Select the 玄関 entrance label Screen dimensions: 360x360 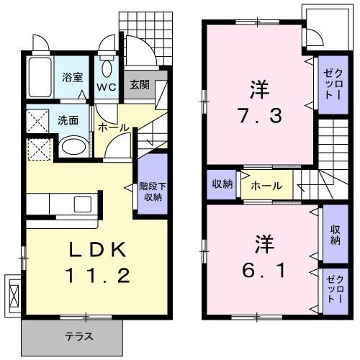coord(139,84)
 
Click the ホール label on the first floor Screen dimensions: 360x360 coord(112,128)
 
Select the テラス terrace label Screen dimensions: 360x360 coord(79,336)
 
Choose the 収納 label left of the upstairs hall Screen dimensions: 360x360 coord(222,184)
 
